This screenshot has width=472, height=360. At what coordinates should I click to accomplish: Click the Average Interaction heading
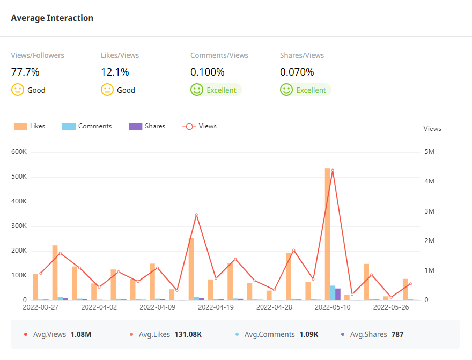[52, 18]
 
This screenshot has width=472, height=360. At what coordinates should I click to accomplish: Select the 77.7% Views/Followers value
[25, 72]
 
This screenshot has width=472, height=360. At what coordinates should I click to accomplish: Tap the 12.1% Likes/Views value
[115, 72]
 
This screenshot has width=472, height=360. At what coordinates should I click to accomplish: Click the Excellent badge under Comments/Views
[221, 90]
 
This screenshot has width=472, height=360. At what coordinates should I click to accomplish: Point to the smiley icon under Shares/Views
[286, 90]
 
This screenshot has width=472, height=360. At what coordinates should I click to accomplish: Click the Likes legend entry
[30, 126]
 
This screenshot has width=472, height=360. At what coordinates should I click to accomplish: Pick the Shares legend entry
[147, 126]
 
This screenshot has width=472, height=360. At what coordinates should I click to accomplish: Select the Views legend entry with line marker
[200, 126]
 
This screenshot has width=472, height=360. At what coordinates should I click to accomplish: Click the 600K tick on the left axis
[19, 152]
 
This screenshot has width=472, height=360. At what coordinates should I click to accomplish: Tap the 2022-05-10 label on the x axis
[332, 307]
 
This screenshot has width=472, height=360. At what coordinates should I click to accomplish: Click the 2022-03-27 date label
[40, 307]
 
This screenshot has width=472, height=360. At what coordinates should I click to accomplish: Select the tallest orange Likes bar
[327, 234]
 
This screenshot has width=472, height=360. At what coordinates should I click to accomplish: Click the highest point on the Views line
[333, 170]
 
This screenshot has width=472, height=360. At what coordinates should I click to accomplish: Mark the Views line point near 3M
[196, 215]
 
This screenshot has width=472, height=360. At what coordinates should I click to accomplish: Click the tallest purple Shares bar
[338, 295]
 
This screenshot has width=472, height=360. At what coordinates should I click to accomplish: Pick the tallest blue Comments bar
[333, 293]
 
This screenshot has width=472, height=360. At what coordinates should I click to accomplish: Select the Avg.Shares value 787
[397, 334]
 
